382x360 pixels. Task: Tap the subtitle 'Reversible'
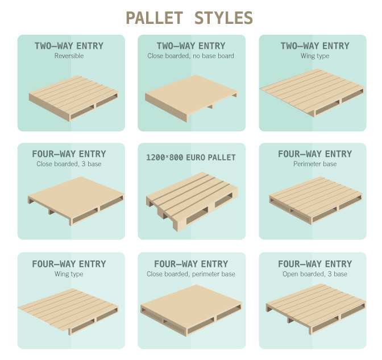point(69,56)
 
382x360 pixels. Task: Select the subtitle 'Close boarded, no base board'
point(191,56)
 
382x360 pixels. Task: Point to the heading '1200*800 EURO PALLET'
point(192,157)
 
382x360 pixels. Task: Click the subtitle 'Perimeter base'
point(314,164)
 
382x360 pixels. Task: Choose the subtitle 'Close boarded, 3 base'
point(69,164)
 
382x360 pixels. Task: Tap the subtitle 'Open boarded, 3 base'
point(314,274)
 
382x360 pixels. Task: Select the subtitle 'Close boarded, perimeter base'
point(191,274)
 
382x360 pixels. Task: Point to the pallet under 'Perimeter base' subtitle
point(314,199)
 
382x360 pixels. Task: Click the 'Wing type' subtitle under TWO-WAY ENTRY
point(314,56)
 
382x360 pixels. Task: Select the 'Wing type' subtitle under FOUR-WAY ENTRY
point(69,274)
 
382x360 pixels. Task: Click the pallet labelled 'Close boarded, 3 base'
point(76,199)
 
